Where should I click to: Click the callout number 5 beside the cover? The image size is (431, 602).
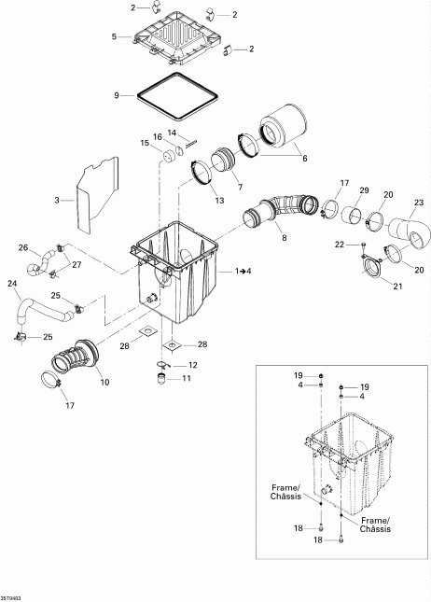click(x=114, y=36)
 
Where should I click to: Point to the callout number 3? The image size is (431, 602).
click(x=57, y=200)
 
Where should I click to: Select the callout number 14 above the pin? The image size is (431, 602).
click(x=172, y=133)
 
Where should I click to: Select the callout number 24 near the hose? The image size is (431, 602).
click(x=12, y=283)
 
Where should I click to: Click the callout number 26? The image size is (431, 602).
click(x=23, y=247)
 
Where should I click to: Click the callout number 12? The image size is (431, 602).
click(x=193, y=364)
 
